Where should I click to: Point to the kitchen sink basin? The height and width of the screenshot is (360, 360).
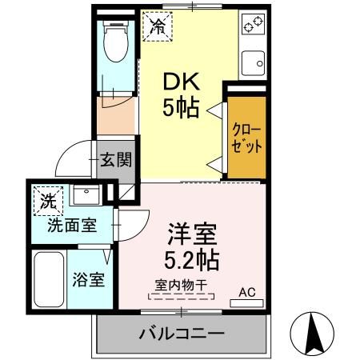(256, 62)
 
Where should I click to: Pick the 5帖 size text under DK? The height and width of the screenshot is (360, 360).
(182, 107)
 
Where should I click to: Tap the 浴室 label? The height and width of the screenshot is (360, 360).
(88, 280)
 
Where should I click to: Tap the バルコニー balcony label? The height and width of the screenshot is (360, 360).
(182, 332)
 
